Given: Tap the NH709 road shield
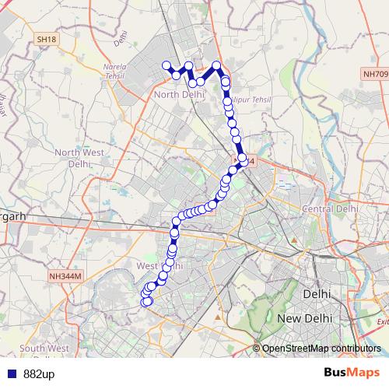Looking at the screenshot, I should coord(373,74).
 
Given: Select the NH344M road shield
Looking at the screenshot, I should coord(65,275).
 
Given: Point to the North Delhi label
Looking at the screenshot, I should coord(180,95).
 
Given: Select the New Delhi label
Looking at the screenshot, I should coord(306,319).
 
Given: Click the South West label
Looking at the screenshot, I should coord(44,348).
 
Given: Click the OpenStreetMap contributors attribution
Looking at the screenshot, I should coord(321,348).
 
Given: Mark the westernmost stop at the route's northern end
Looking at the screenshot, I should coord(166,65).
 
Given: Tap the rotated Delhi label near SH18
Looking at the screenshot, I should coord(120,35).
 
